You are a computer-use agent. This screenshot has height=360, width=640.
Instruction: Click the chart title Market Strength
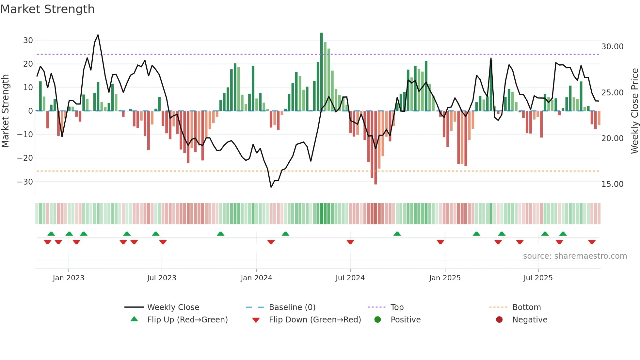[47, 9]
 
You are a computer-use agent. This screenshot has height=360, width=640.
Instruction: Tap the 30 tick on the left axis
[28, 41]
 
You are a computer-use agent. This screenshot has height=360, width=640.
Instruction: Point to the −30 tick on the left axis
[25, 182]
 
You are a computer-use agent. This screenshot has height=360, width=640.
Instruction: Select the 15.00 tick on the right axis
[612, 184]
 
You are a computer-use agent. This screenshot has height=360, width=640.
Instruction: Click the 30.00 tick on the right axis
[612, 47]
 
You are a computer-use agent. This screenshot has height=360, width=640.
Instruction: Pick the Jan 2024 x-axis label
[256, 278]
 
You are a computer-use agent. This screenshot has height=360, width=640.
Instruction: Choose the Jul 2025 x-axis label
[538, 278]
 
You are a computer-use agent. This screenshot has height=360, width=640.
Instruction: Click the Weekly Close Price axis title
[634, 111]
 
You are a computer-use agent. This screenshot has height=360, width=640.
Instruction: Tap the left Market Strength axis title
[5, 111]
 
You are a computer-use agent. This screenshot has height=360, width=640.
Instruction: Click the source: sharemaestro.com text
[575, 256]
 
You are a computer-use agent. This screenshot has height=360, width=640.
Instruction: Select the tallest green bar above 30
[322, 72]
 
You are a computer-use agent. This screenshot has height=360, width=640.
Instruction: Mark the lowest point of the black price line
[271, 187]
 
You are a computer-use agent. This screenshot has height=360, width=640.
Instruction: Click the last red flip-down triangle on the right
[592, 242]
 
